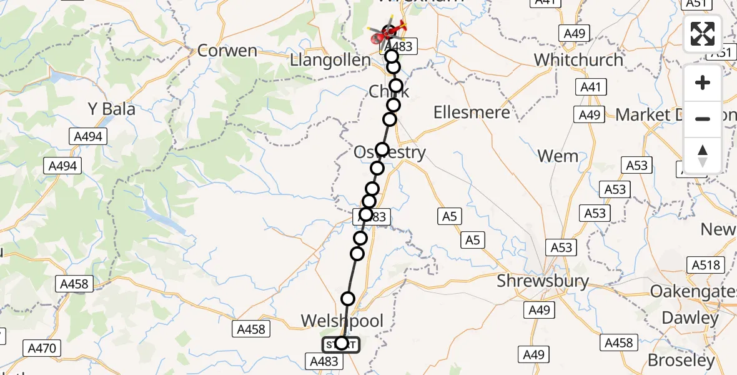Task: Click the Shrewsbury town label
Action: (543, 281)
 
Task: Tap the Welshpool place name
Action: (342, 321)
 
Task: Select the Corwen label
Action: (227, 51)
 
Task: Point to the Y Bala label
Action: (111, 109)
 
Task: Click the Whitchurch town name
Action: (579, 60)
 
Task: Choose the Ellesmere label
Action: (472, 112)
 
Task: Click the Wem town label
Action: (558, 156)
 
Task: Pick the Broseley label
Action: (680, 361)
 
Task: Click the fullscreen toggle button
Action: (703, 34)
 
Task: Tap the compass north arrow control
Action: (703, 156)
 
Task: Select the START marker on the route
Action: (341, 344)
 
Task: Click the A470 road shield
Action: (42, 348)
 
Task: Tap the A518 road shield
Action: (706, 265)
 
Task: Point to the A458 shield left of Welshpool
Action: (251, 329)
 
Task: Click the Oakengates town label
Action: (693, 291)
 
